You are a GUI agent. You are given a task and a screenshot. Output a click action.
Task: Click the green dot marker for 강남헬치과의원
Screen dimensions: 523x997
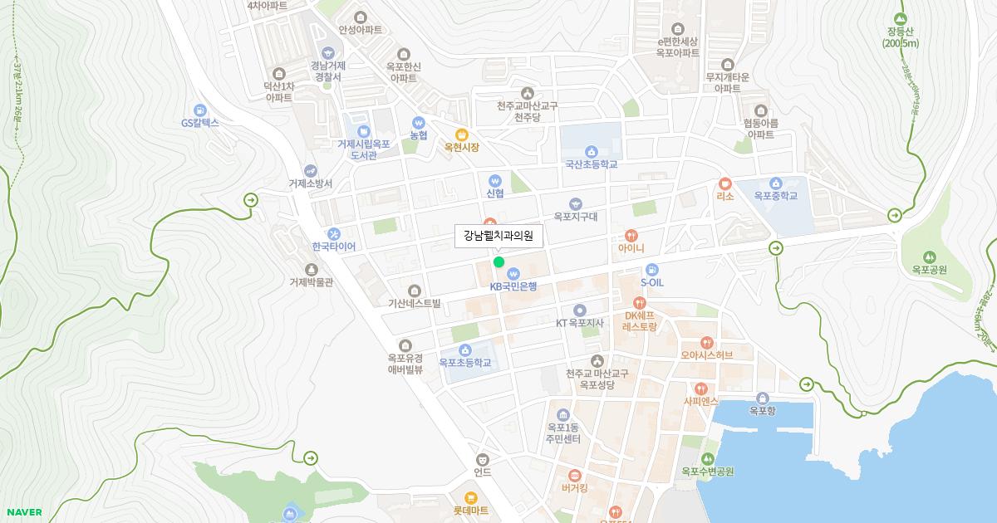[498, 262]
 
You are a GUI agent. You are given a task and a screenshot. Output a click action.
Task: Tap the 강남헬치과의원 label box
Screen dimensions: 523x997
[498, 237]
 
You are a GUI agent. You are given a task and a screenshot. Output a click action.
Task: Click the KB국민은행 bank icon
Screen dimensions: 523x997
[513, 272]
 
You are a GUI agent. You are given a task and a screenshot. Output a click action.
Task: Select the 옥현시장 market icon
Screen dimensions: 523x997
[462, 134]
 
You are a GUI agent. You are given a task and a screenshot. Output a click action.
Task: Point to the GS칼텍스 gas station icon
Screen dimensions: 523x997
[199, 110]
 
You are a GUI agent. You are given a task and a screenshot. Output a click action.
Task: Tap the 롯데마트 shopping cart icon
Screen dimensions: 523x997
[470, 498]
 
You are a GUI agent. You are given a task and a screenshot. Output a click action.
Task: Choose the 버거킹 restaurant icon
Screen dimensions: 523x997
[574, 475]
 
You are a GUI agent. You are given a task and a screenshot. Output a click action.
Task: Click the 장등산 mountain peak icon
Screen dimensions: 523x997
[901, 19]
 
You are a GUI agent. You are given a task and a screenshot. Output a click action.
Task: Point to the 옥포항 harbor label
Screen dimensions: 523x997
[762, 410]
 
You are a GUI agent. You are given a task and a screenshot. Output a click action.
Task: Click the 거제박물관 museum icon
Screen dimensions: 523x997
[311, 269]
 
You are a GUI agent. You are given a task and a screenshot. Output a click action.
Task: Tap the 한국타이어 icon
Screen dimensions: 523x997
[333, 234]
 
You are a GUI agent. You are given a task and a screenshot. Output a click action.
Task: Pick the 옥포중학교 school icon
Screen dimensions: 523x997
[775, 183]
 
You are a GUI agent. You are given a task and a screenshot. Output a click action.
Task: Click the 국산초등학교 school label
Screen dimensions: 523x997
[591, 164]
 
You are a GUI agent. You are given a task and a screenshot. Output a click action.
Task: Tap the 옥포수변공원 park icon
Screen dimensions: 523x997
[707, 458]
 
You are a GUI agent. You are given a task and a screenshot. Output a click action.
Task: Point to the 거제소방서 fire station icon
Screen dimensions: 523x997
[311, 170]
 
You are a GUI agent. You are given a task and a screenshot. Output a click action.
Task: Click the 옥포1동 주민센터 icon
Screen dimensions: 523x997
[563, 414]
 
